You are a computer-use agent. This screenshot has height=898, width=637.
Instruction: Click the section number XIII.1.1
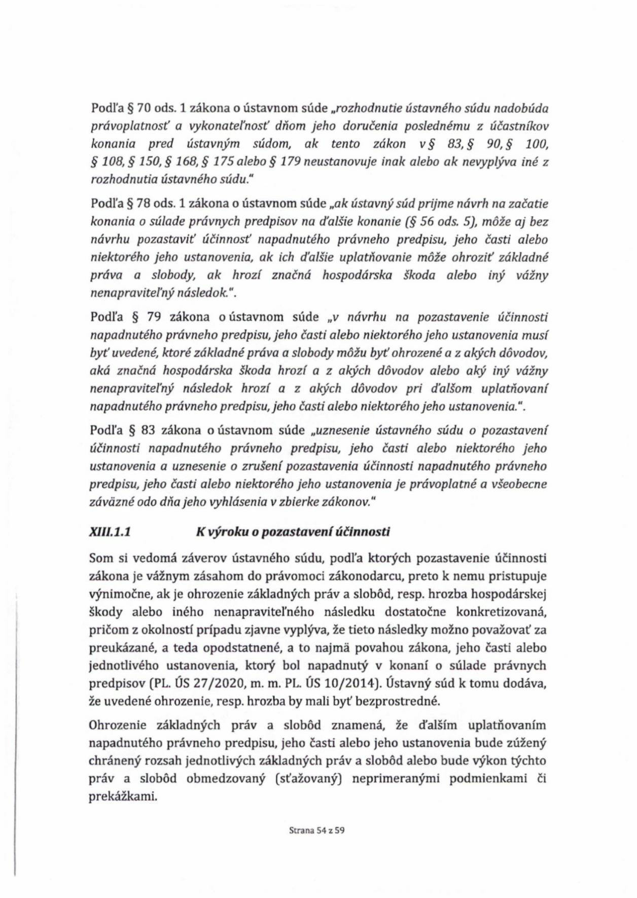pyautogui.click(x=110, y=532)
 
